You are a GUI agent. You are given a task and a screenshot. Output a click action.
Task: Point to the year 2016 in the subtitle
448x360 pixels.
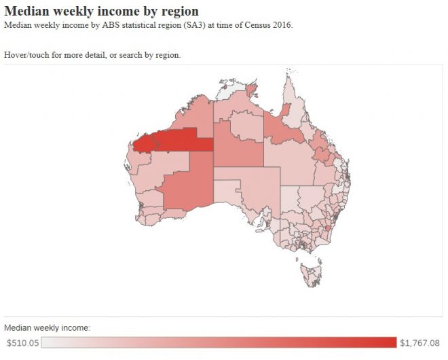281,25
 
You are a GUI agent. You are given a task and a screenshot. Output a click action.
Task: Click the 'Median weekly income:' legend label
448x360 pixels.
48,328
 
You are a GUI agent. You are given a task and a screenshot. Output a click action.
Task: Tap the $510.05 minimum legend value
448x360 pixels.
22,342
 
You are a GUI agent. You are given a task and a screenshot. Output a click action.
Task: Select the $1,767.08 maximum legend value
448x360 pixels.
420,342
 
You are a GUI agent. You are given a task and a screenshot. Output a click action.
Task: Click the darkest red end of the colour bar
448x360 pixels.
390,342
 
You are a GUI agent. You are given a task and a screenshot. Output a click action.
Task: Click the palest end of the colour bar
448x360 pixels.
46,342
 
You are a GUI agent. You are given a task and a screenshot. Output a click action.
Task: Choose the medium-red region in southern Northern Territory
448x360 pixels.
238,146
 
